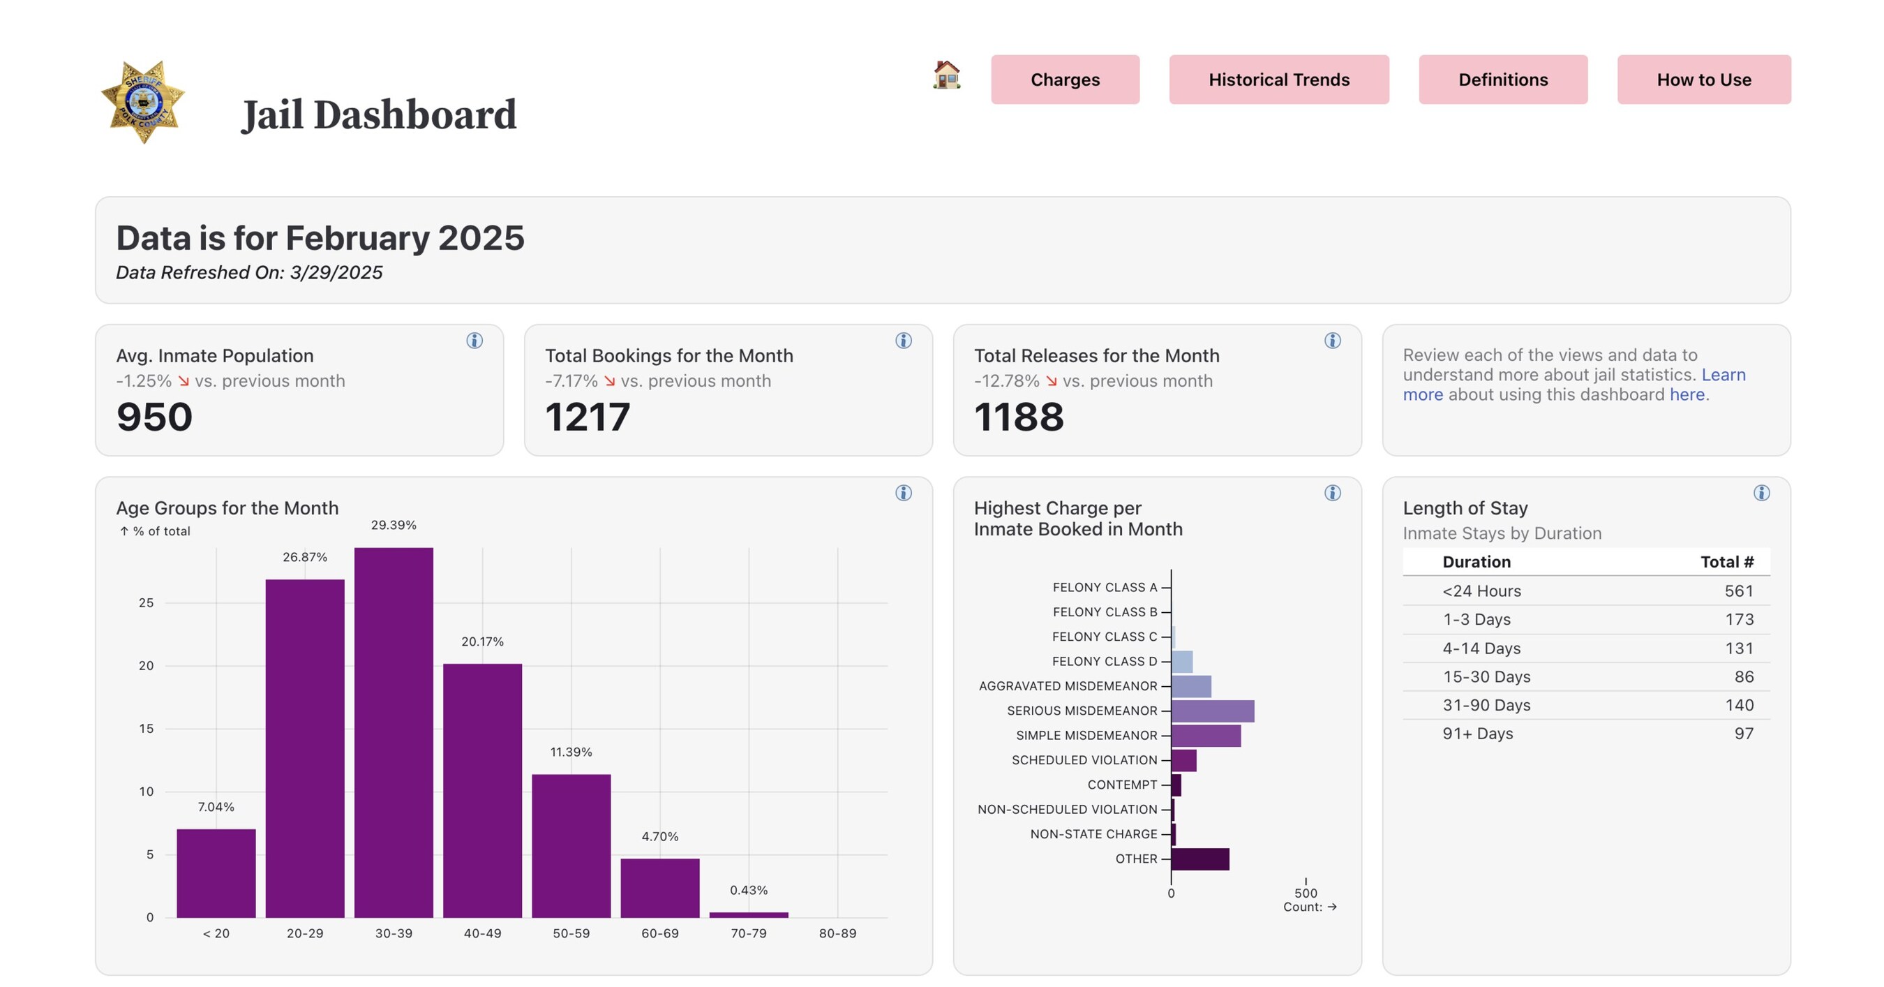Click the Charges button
pos(1065,79)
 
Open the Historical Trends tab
pos(1278,79)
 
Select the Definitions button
pos(1503,79)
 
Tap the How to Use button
pos(1703,79)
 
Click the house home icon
pos(946,75)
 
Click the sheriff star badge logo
pos(143,102)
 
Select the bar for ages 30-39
pos(394,732)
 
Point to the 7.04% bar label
pos(216,807)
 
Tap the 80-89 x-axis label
pos(837,933)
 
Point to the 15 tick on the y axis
pos(147,729)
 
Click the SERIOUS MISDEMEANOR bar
pos(1212,711)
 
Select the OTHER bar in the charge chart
pos(1199,859)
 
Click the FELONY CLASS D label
pos(1105,662)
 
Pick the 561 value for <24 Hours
pos(1738,591)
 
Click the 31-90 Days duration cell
pos(1486,704)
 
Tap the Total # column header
pos(1726,562)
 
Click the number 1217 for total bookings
pos(588,417)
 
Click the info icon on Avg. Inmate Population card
pos(474,340)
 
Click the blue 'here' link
pos(1687,394)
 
